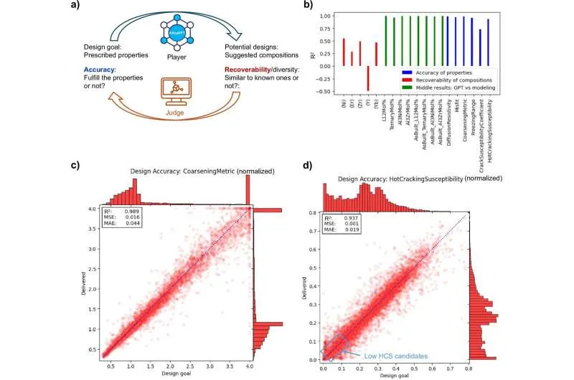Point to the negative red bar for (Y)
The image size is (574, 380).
367,78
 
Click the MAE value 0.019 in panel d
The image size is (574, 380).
352,229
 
